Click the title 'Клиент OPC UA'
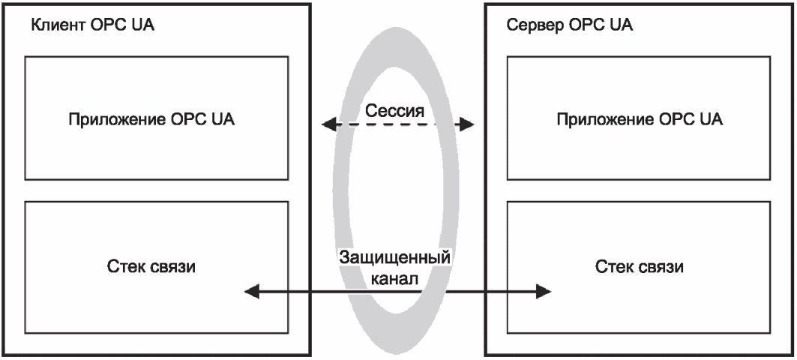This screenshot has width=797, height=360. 93,25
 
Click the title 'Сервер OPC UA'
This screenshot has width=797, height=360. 570,25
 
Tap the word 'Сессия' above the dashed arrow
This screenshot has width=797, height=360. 394,110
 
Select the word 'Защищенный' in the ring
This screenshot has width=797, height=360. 394,257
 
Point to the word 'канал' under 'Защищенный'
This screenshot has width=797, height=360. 394,279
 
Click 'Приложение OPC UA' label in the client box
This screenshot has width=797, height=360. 151,120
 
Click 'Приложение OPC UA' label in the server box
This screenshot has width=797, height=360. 640,120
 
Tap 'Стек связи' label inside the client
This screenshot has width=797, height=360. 151,266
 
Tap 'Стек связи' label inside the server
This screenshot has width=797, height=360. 640,266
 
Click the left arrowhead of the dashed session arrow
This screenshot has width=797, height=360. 329,124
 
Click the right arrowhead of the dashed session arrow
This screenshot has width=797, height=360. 466,124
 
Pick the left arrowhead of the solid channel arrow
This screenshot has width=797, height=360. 252,291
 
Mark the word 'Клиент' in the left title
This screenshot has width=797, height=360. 58,25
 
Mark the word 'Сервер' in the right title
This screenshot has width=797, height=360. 535,25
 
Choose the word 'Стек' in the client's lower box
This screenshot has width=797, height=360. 125,266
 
